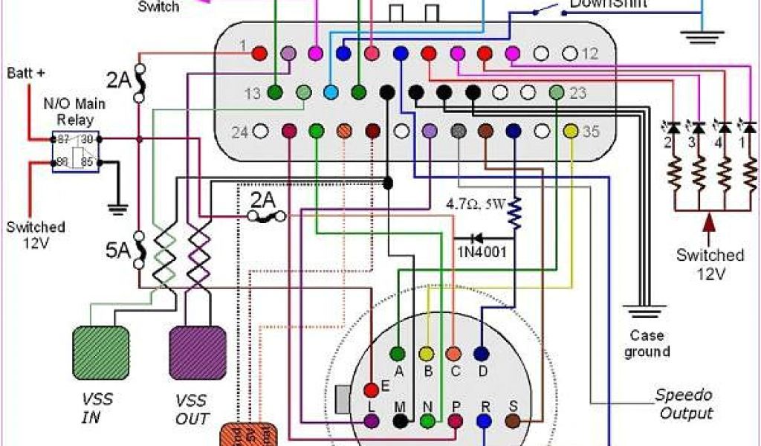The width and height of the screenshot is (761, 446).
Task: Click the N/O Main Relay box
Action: coord(75,152)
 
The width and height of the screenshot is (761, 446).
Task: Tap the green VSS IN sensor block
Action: coord(100,351)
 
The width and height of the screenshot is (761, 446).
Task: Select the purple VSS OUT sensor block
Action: coord(198,351)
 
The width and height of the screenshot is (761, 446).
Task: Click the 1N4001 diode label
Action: coord(482,252)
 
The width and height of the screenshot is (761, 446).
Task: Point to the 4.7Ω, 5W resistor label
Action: coord(475,202)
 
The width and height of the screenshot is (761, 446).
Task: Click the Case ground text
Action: coord(647,343)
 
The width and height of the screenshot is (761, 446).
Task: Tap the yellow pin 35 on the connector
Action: coord(571,132)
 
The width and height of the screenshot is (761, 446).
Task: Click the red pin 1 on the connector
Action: coord(259,54)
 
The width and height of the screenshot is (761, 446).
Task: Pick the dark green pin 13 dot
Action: coord(275,93)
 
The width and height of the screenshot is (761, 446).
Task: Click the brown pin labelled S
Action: coord(512,421)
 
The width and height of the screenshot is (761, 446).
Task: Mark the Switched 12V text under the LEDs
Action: coord(710,264)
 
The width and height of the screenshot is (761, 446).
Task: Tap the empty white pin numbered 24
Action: coord(260,132)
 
